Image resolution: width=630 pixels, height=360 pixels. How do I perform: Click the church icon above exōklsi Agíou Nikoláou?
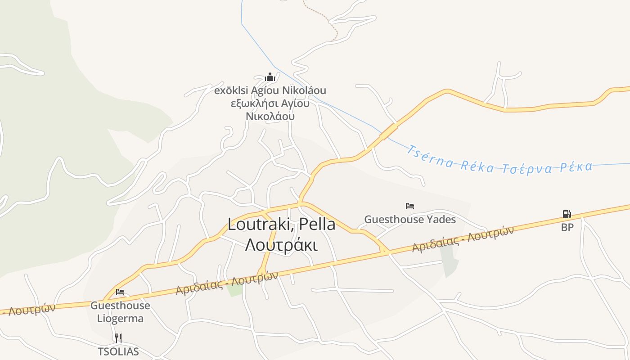point(270,77)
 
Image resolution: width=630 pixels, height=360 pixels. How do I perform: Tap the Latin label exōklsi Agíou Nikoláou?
point(270,90)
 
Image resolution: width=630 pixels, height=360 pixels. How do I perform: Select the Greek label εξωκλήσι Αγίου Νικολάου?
point(270,110)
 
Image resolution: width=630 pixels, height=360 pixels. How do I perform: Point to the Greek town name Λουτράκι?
point(281,245)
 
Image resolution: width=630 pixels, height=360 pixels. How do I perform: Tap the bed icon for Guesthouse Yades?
point(409,207)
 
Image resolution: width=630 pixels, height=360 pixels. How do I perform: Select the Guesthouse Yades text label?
point(410,220)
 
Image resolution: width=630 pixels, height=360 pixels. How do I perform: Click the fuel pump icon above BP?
point(567,214)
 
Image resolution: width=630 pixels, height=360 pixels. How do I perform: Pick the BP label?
point(567,227)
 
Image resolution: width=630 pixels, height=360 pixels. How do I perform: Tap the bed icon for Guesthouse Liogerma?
point(120,292)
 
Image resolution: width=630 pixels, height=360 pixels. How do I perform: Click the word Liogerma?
point(120,319)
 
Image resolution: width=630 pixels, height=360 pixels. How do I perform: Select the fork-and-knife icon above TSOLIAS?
point(118,338)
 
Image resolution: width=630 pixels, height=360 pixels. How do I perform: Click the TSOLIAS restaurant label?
point(118,351)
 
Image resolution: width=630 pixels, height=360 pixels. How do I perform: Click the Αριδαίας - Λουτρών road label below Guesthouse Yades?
point(463,239)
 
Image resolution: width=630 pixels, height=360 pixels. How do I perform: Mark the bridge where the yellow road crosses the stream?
point(388,132)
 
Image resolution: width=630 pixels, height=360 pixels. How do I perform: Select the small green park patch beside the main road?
point(235,289)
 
